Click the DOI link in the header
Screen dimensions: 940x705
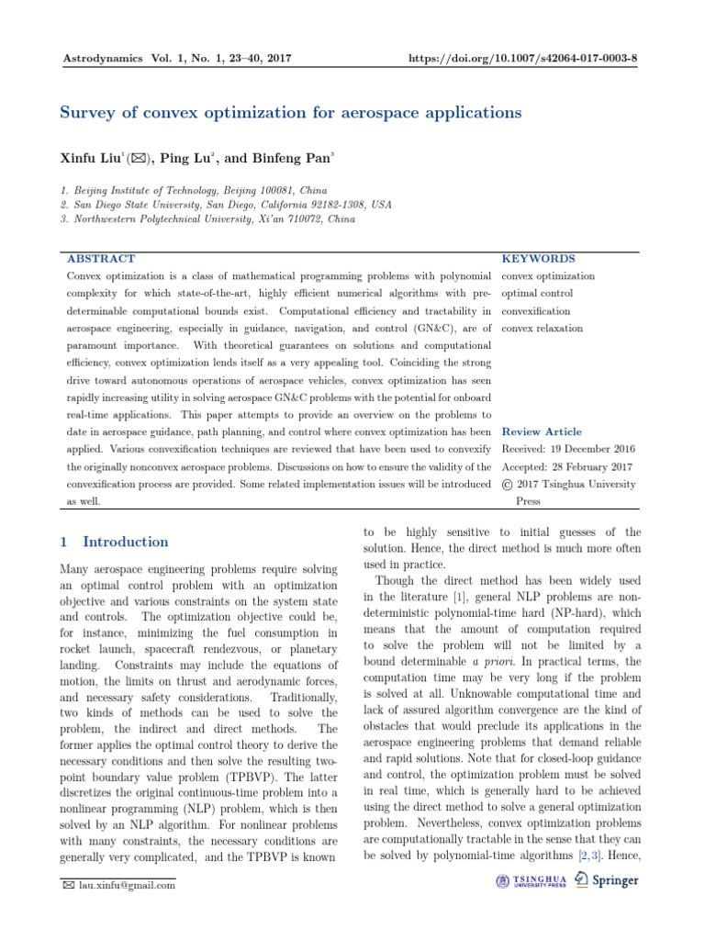point(526,59)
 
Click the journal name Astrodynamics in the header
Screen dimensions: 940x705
point(101,59)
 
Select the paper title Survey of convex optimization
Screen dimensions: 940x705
point(290,113)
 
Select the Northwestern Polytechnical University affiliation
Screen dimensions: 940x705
point(211,219)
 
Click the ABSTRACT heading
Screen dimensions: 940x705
point(101,259)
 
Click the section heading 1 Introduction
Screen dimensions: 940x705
point(114,542)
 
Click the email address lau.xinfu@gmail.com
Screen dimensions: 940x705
point(126,886)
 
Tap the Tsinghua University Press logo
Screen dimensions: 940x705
point(532,880)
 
